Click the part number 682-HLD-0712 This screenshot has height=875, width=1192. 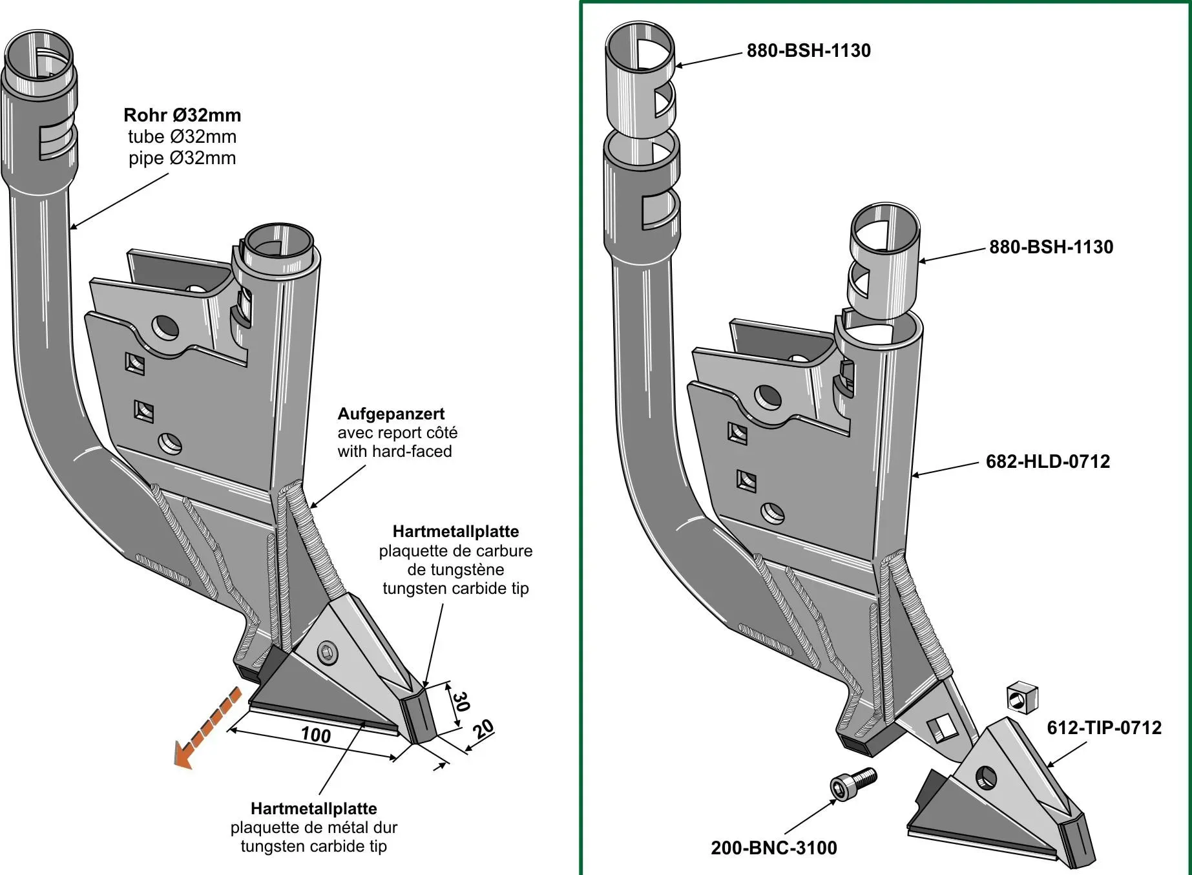tap(1047, 461)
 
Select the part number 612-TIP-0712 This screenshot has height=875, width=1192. tap(1103, 728)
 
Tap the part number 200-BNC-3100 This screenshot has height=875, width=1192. tap(773, 848)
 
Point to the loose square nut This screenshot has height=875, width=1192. tap(1021, 697)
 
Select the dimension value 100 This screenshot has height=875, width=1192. tap(316, 735)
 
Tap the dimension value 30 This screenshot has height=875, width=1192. tap(460, 702)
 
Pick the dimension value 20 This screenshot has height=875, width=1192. tap(483, 730)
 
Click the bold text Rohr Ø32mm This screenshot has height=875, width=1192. tap(182, 115)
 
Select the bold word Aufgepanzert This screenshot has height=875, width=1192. tap(391, 414)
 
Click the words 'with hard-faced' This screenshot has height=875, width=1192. tap(394, 451)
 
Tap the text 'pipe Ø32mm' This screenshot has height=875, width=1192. tap(182, 158)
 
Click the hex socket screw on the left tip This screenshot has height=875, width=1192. tap(328, 653)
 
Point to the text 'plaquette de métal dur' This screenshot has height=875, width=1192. tap(313, 827)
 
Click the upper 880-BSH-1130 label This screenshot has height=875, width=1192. tap(808, 50)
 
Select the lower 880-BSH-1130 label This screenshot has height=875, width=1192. tap(1051, 247)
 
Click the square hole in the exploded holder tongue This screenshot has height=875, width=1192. tap(943, 728)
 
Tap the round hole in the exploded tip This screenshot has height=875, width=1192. tap(986, 777)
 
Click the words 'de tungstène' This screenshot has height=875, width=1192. tap(455, 569)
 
